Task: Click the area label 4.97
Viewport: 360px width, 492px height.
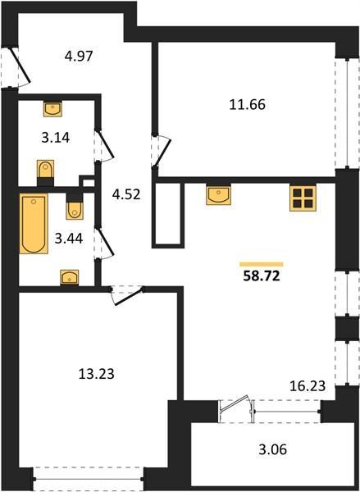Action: coord(79,57)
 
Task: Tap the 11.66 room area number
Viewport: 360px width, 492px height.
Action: coord(248,104)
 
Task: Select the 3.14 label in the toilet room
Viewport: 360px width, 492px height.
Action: coord(56,138)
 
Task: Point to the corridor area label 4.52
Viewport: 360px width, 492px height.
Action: coord(126,194)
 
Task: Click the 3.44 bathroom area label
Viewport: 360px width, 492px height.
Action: coord(69,239)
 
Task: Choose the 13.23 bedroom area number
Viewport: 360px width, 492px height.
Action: coord(97,374)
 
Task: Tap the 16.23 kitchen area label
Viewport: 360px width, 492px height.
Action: coord(308,385)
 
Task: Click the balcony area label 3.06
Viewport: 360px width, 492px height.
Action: coord(273,449)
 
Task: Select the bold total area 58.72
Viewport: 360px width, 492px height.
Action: coord(262,276)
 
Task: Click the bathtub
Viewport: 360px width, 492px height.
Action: coord(34,223)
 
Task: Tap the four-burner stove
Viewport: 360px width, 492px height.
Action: coord(303,198)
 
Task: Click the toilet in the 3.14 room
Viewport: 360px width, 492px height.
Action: coord(45,171)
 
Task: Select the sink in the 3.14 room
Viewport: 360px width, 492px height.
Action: coord(52,108)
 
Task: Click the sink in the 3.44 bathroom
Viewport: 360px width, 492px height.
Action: coord(70,277)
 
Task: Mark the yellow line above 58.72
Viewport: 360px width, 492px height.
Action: coord(262,264)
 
